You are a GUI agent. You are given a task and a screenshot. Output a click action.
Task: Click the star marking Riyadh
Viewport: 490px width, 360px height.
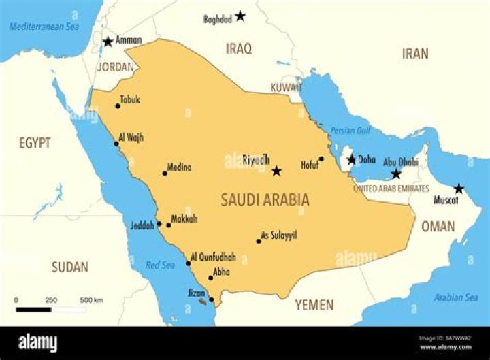(276, 171)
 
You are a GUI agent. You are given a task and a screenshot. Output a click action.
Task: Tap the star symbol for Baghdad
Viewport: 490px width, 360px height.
(240, 16)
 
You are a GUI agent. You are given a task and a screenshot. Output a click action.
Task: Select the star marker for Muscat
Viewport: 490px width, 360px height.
(459, 189)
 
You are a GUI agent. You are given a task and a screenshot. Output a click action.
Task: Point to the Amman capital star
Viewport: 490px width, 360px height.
(108, 42)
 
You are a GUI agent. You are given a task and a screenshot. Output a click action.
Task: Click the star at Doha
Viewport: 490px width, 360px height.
(351, 160)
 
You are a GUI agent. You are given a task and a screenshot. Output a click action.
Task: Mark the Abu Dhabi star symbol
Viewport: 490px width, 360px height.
(396, 174)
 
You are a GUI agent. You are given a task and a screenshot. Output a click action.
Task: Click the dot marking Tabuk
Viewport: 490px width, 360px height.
(117, 105)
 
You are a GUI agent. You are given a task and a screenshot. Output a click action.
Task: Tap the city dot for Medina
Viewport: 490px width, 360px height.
(164, 173)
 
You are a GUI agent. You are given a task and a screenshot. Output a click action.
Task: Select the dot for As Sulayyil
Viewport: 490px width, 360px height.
(259, 241)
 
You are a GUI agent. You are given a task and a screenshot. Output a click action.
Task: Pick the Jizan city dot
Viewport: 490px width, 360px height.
(212, 299)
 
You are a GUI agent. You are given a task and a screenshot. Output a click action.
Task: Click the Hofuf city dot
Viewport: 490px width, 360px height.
(321, 159)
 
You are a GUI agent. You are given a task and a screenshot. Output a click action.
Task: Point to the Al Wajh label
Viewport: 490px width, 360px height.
(131, 137)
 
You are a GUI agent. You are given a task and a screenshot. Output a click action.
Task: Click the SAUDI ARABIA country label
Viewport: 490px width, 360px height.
(265, 199)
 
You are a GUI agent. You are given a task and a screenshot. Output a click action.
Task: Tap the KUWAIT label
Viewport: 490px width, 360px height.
(286, 88)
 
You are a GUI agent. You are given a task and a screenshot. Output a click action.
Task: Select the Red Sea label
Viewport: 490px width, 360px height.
(161, 265)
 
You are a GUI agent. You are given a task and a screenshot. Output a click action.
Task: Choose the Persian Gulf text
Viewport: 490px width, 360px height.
(350, 131)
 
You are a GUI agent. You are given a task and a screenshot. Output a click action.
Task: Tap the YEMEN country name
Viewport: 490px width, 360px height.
(314, 305)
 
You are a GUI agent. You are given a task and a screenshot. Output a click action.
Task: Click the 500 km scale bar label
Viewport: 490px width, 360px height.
(92, 299)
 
